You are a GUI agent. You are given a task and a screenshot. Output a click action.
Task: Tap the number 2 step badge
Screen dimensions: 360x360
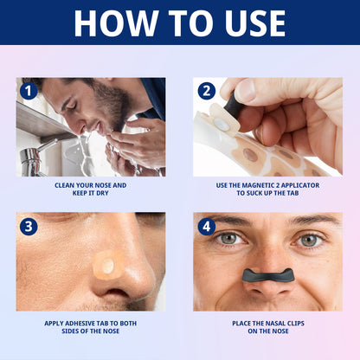pyautogui.click(x=205, y=89)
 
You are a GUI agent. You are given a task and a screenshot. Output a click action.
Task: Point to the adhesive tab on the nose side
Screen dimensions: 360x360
pyautogui.click(x=108, y=267)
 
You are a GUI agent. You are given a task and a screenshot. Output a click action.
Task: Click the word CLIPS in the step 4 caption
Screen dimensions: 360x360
pyautogui.click(x=289, y=324)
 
